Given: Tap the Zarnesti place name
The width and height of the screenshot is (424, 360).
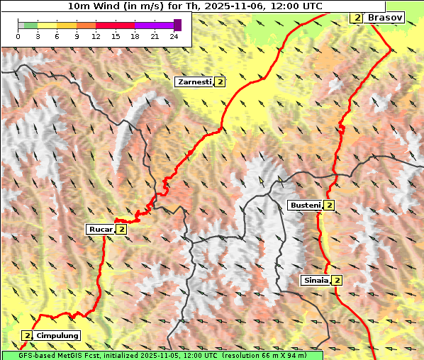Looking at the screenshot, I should click(x=194, y=82).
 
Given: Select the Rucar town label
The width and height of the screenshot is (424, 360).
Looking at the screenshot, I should click(x=100, y=229).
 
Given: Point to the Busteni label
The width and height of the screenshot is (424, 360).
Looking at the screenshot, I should click(x=305, y=206).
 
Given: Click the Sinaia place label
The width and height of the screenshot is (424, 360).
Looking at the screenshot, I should click(x=315, y=280).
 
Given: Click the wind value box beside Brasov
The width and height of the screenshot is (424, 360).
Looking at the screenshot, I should click(x=357, y=17).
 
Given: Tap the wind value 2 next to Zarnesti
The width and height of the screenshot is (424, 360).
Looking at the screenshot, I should click(x=221, y=82).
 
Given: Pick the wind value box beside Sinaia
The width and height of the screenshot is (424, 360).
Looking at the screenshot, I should click(x=337, y=281).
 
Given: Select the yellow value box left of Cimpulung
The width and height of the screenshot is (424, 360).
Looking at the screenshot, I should click(x=27, y=335).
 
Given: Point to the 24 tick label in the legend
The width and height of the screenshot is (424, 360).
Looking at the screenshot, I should click(x=174, y=35).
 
